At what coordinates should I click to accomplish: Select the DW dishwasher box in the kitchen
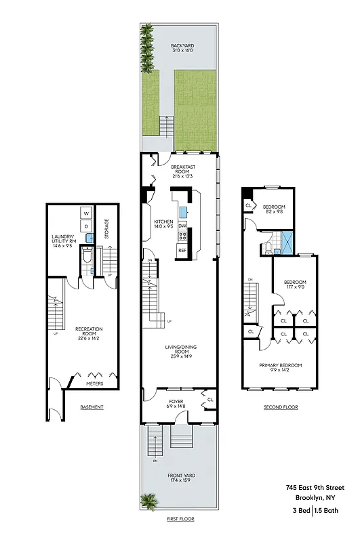click(x=182, y=226)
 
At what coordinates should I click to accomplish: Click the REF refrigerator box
click(x=182, y=250)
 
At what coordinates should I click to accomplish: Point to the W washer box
click(x=86, y=213)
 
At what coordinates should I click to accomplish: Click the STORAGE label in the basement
click(x=106, y=230)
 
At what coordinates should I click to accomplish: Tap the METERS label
click(x=94, y=383)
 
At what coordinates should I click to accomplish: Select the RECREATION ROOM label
click(x=89, y=332)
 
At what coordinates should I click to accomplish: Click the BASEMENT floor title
click(x=92, y=407)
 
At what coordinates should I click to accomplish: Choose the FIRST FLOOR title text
click(x=180, y=518)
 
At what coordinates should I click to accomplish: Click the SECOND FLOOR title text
click(x=281, y=407)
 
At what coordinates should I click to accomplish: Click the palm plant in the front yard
click(x=148, y=501)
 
